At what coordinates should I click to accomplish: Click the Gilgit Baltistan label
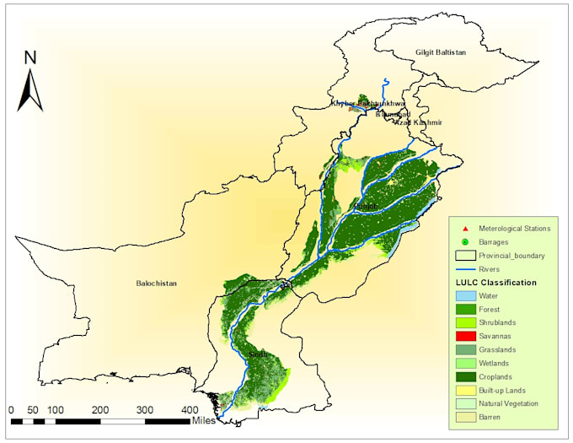tap(440, 52)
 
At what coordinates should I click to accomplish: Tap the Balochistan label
tap(156, 284)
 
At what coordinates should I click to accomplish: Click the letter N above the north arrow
tap(30, 57)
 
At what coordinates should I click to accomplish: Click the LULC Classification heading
tap(495, 282)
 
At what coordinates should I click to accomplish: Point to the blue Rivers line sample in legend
tap(464, 269)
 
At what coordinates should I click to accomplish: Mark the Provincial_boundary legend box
tap(464, 256)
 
